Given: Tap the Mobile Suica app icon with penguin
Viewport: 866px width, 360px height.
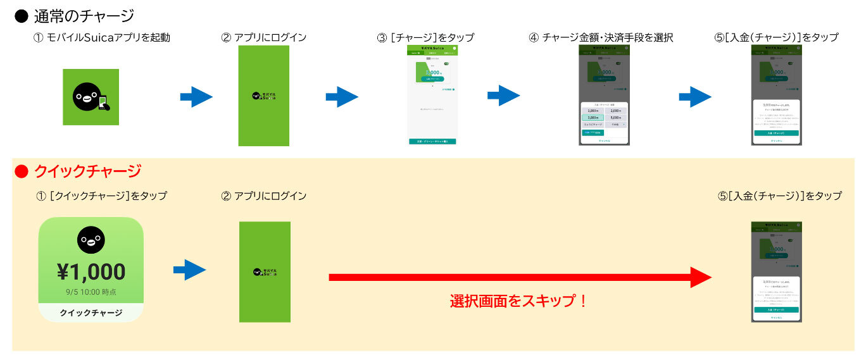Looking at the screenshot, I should [91, 97].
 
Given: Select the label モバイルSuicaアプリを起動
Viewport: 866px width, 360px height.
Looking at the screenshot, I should [102, 38].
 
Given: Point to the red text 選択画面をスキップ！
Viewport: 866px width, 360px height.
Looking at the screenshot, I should [518, 301].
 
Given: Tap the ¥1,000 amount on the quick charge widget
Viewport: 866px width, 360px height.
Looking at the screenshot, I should [91, 271].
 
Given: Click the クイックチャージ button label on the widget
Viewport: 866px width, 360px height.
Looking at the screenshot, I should [91, 313].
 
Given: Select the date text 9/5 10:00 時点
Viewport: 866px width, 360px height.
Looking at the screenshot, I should [91, 292].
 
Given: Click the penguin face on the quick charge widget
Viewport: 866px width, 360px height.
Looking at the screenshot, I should [91, 240].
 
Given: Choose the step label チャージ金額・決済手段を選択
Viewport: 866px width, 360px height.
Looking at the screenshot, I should [601, 38].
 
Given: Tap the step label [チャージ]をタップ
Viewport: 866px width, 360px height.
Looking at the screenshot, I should [425, 38].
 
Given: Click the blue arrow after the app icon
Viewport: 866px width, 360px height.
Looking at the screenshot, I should [196, 97].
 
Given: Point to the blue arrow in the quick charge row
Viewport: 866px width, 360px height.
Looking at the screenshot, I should [189, 270].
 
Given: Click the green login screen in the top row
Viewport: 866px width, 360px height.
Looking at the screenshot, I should [263, 96].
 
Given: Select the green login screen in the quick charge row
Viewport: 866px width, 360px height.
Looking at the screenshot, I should [265, 271].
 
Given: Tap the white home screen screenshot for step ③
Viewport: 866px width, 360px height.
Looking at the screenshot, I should [432, 95].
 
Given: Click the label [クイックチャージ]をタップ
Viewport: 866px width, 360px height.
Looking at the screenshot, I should [102, 196].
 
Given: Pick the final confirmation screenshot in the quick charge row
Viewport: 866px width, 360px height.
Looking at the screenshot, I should [776, 271].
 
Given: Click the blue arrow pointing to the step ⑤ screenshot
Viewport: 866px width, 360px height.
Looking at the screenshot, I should [695, 97].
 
